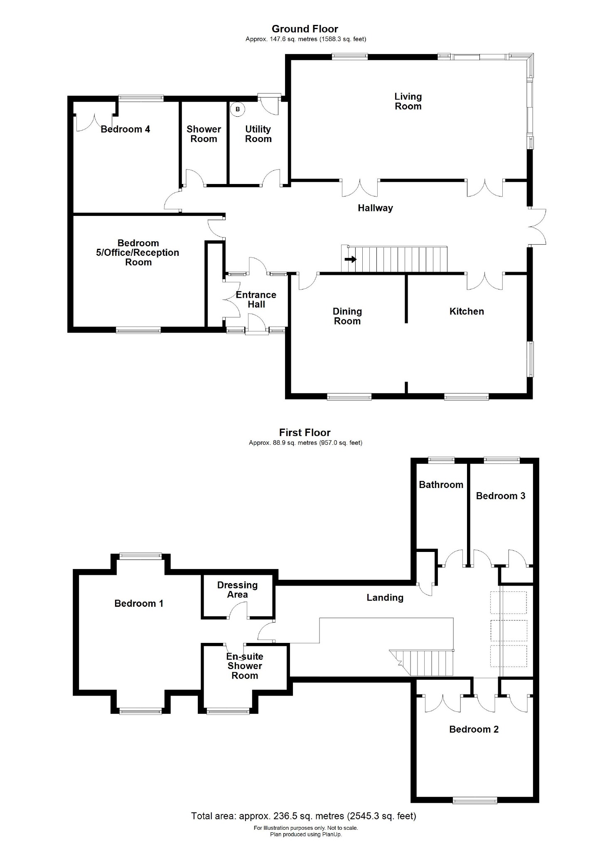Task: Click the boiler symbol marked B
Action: pos(238,109)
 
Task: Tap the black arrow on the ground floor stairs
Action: pos(351,260)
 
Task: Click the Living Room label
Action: pos(408,101)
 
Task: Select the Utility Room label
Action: pos(258,134)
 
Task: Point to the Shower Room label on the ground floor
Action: pos(204,134)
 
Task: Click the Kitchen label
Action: pos(467,311)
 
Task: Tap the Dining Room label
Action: pos(347,316)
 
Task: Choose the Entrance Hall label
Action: pos(256,299)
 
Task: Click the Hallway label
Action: pos(375,208)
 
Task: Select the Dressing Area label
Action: pos(237,590)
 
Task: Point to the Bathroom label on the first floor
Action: pos(441,485)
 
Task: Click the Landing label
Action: pos(385,598)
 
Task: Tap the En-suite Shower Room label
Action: pos(245,666)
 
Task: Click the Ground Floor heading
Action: pos(305,29)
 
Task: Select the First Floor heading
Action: pos(305,433)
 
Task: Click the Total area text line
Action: pos(303,816)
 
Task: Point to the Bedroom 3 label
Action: pos(500,496)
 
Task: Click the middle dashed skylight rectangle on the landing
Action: pos(508,631)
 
